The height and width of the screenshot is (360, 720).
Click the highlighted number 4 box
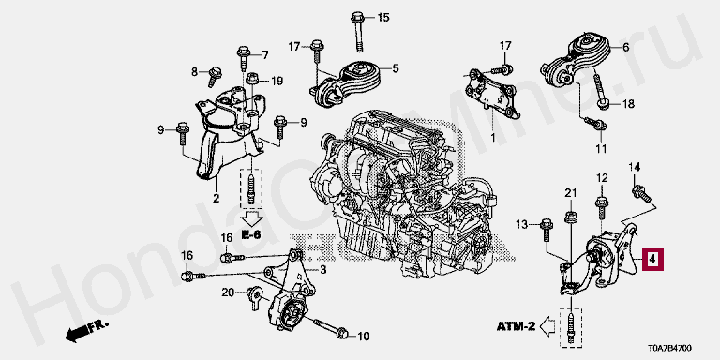[652, 260]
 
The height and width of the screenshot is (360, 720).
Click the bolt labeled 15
[358, 31]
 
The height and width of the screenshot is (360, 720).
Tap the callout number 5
[396, 68]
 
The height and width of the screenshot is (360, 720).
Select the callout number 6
[625, 47]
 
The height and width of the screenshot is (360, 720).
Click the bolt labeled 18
[601, 92]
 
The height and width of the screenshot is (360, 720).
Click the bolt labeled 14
[641, 194]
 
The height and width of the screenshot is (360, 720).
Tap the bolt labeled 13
[546, 230]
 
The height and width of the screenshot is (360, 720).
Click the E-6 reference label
[250, 234]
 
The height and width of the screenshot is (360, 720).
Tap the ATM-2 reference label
[516, 326]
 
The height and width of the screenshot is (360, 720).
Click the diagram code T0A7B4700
[670, 348]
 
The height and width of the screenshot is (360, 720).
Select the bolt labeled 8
[214, 76]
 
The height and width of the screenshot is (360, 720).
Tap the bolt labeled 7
[244, 58]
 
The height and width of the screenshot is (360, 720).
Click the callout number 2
[216, 199]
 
